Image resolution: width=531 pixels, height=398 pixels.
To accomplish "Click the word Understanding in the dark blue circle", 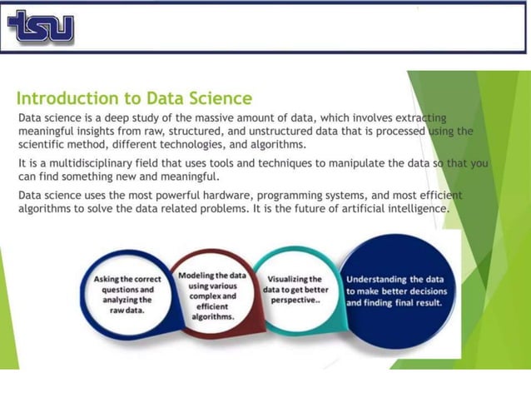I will pos(379,279).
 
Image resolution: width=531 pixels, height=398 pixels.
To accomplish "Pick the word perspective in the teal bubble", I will pos(296,301).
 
